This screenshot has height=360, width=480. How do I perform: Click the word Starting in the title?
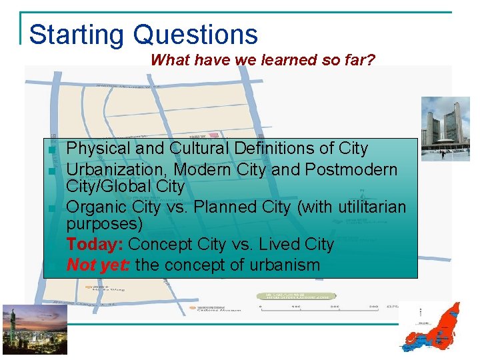click(x=77, y=35)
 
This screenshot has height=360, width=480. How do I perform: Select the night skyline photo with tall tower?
click(x=25, y=329)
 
